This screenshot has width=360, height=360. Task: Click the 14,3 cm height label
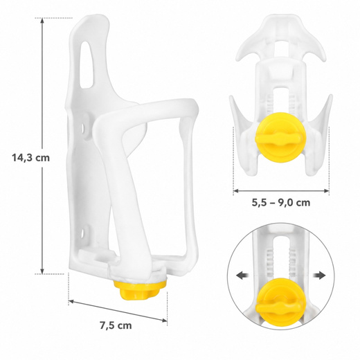(31, 158)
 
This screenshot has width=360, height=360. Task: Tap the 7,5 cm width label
(116, 325)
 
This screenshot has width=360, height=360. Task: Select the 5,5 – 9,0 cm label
(281, 203)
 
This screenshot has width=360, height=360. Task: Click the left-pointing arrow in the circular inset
(242, 276)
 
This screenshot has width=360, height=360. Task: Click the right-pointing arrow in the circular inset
(319, 276)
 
